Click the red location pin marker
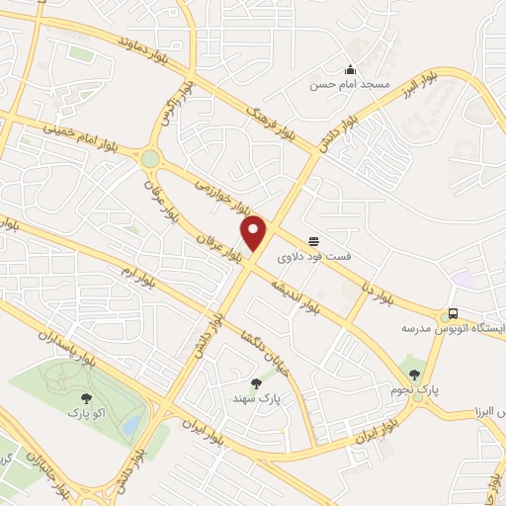(254, 232)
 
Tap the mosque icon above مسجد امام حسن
(350, 69)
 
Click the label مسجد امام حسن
(350, 86)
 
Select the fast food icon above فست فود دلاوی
(314, 240)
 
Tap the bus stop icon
(452, 313)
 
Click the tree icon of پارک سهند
(257, 382)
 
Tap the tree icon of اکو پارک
(87, 398)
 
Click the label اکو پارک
(86, 413)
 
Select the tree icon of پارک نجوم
(428, 376)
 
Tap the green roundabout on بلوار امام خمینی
(150, 158)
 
